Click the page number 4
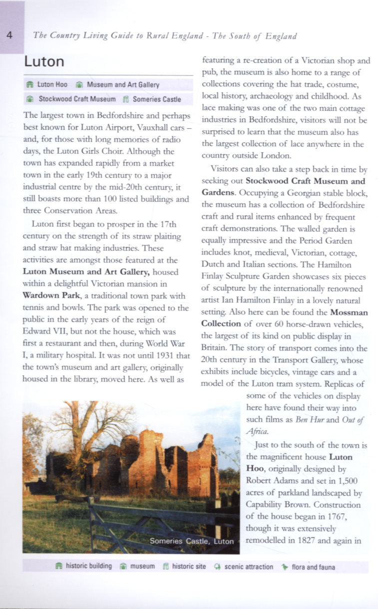pos(10,35)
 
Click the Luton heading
pos(44,62)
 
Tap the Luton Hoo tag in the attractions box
pos(52,85)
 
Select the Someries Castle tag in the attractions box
pos(157,99)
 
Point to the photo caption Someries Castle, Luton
pos(191,541)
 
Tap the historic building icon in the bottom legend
pos(58,567)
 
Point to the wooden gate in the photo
pos(150,519)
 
